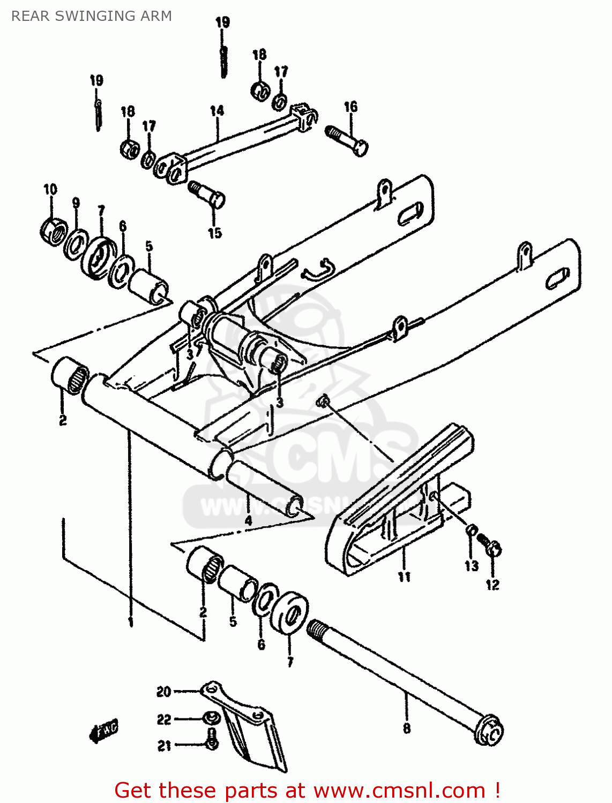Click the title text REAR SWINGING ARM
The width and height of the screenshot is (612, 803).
pos(92,16)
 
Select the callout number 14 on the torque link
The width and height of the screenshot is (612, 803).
pos(217,111)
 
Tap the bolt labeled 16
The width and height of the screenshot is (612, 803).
pos(347,139)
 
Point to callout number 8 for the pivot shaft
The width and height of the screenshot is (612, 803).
pos(407,728)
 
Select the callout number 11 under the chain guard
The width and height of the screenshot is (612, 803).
pos(404,577)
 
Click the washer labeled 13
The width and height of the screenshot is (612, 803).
pos(471,531)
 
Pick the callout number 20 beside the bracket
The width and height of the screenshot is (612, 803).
pos(163,692)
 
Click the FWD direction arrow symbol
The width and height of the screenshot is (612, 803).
pos(104,731)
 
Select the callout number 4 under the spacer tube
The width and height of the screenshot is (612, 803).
pos(248,520)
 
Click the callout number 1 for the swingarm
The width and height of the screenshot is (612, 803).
pos(130,622)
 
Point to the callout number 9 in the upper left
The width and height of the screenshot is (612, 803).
pos(76,203)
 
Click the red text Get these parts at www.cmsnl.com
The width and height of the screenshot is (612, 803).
pos(308,790)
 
